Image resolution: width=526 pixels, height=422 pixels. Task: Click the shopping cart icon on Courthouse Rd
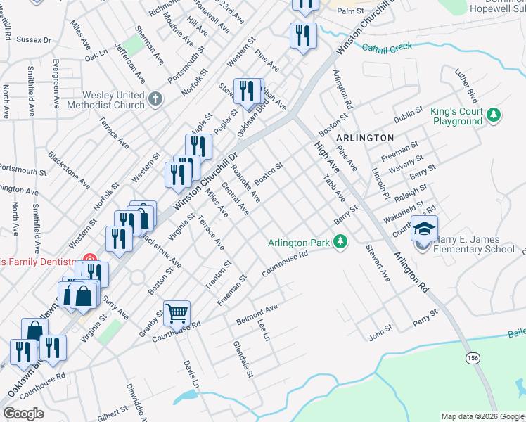tap(177, 313)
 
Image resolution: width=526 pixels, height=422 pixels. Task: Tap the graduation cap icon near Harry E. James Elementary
tap(424, 229)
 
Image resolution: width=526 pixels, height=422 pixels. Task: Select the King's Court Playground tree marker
tap(494, 115)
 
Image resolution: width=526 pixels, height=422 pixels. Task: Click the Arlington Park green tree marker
tap(340, 243)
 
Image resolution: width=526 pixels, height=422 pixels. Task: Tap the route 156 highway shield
tap(471, 359)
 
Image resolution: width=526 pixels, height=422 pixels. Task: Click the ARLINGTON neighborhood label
tap(364, 137)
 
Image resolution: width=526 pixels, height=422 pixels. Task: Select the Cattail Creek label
tap(386, 48)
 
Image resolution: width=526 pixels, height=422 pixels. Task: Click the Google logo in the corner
tap(24, 414)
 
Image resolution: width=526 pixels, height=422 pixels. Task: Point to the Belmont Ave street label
tap(257, 311)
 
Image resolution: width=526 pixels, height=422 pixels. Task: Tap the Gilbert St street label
tap(113, 413)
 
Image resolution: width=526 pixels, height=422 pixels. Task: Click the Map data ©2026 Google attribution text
tap(482, 416)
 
